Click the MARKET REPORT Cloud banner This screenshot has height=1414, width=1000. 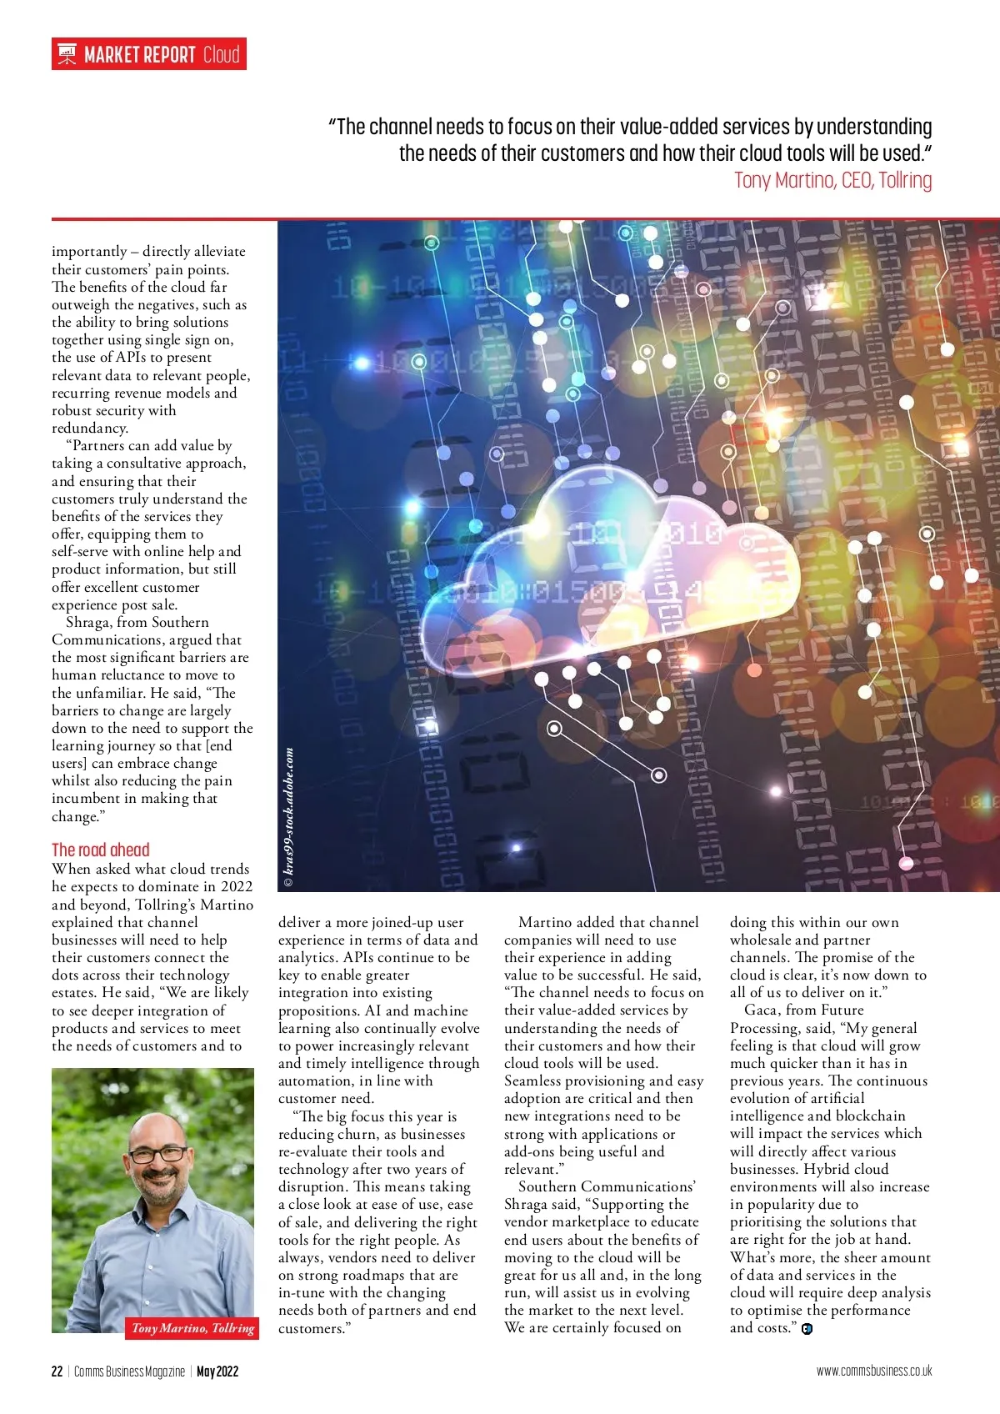149,55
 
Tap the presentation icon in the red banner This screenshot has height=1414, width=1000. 67,55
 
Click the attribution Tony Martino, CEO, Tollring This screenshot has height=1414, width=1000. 832,180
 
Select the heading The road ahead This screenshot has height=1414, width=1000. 101,850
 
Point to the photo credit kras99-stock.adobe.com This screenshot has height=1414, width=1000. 289,817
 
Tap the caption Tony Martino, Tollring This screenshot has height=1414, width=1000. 192,1328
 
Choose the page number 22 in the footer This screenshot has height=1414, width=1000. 57,1371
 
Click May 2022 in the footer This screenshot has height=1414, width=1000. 217,1371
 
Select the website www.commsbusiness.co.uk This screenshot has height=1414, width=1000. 874,1371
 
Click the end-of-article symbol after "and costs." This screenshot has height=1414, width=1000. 807,1329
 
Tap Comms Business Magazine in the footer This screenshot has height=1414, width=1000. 129,1371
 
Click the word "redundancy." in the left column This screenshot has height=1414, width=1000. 90,428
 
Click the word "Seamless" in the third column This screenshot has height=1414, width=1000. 532,1081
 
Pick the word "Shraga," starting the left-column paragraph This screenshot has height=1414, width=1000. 89,622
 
